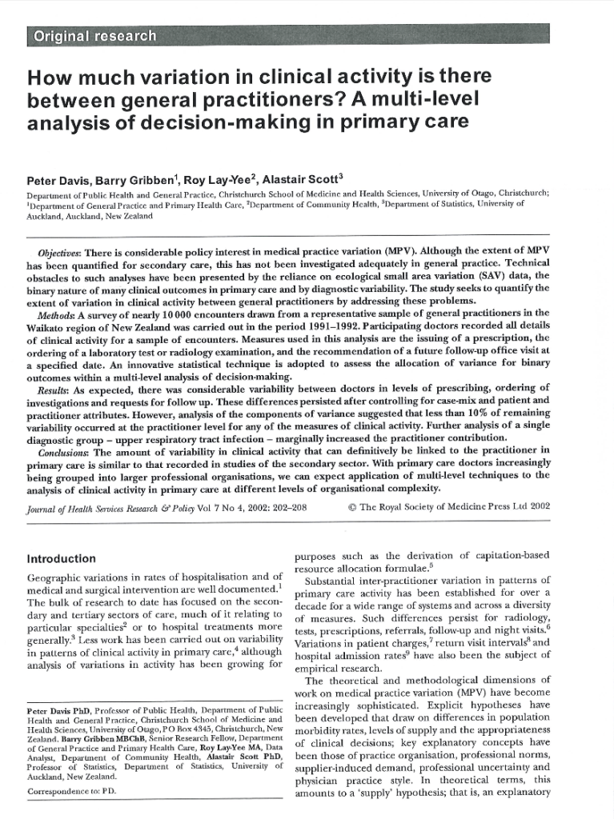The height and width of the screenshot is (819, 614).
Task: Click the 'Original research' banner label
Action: coord(92,36)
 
